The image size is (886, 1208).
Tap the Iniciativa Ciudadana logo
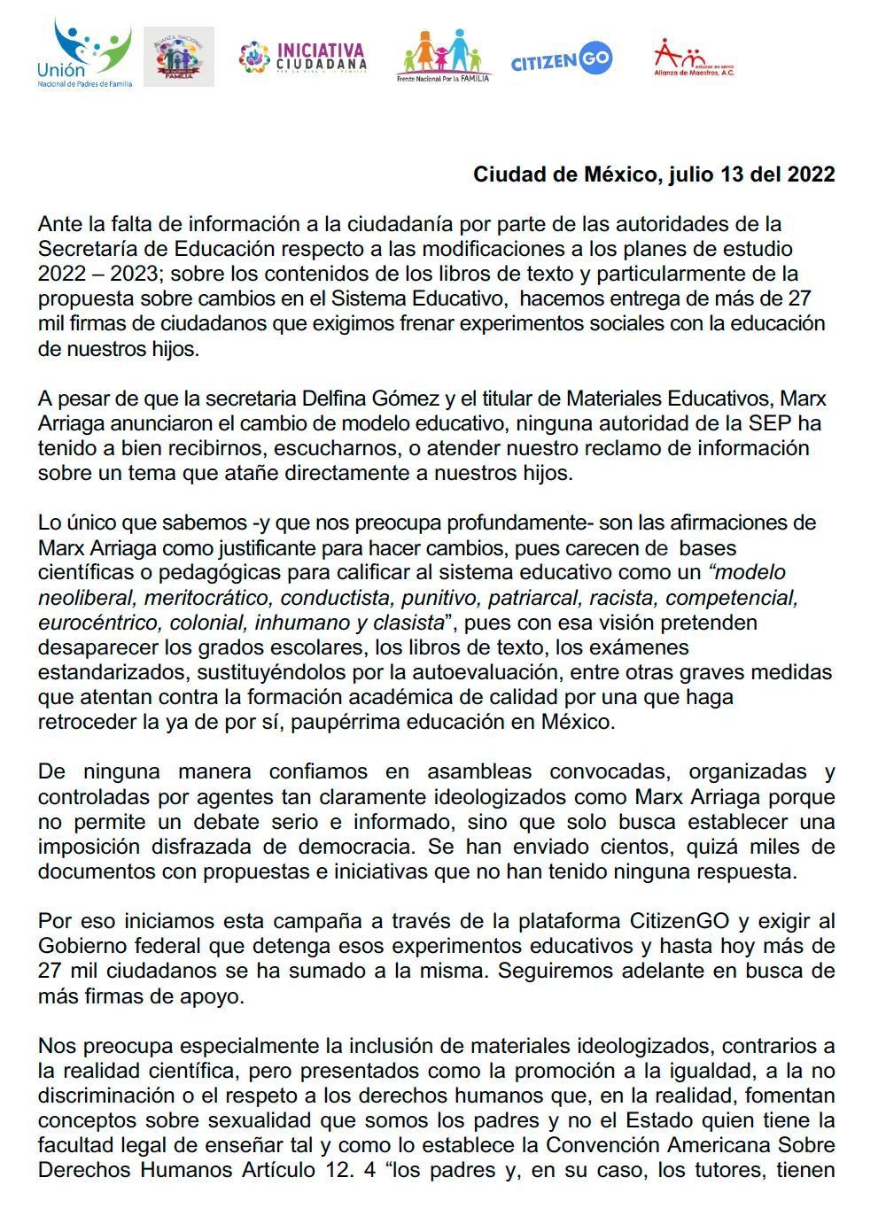[x=302, y=58]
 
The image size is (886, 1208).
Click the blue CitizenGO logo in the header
[x=561, y=60]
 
